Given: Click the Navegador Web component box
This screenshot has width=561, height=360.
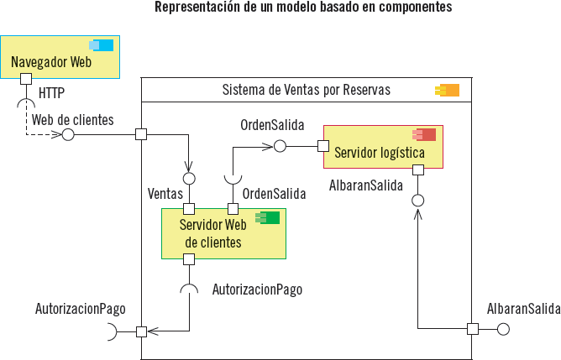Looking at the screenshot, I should coord(60,61).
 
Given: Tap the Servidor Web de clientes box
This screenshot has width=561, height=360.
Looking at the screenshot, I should coord(223,234).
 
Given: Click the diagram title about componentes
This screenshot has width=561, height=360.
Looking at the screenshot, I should coord(303,8).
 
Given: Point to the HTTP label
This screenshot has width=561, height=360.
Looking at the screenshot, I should coord(52,91).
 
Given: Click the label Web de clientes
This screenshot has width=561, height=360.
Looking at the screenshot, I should coord(73,120).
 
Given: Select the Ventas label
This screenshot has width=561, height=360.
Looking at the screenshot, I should coord(165,193).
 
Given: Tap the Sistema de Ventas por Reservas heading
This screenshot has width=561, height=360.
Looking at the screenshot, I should coord(306,90).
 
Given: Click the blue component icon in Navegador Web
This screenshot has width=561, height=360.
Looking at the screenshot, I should coord(102,45).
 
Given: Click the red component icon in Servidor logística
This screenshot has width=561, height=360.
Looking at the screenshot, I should coord(424,134).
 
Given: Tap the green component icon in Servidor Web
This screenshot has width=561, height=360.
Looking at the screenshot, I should coord(268,218).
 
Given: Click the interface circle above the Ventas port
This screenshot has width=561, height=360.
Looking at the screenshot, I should coord(189,179).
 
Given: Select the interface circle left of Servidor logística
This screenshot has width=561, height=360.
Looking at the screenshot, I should coord(280,146).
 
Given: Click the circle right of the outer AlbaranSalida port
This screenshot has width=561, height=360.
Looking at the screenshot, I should coord(504,328).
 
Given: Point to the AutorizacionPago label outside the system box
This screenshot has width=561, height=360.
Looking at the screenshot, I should coord(81,309).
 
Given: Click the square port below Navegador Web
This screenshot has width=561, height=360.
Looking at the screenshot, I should coord(26,79).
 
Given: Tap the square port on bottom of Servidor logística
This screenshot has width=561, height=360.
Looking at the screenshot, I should coord(417,170).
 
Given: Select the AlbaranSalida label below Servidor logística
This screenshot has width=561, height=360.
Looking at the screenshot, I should coord(367,185).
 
